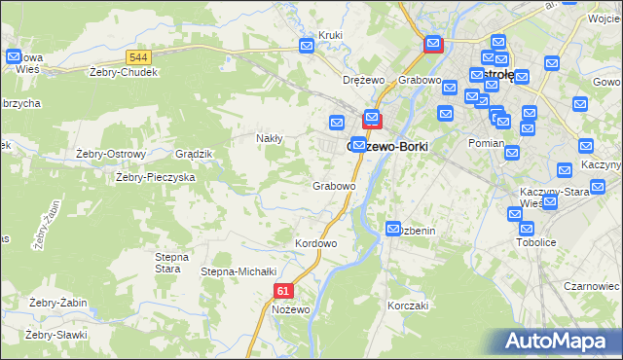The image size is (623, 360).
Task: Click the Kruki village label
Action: tap(330, 36)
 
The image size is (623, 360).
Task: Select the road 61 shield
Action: tap(283, 290)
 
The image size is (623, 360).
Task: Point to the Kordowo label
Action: tap(315, 243)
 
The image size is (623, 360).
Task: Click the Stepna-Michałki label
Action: tap(239, 271)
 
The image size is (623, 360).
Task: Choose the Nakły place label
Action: tap(269, 138)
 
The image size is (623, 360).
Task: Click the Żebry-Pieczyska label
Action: tap(156, 177)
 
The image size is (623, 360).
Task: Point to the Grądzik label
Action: tap(193, 154)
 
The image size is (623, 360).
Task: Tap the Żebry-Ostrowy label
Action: tap(110, 154)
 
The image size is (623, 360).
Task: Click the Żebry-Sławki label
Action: tap(56, 335)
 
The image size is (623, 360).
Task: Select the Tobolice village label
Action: tap(534, 241)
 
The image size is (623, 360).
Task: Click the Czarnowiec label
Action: tap(592, 287)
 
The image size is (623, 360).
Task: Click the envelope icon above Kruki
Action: tap(308, 45)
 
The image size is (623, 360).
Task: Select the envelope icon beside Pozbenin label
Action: tap(393, 229)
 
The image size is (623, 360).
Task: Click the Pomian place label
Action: tap(485, 143)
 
